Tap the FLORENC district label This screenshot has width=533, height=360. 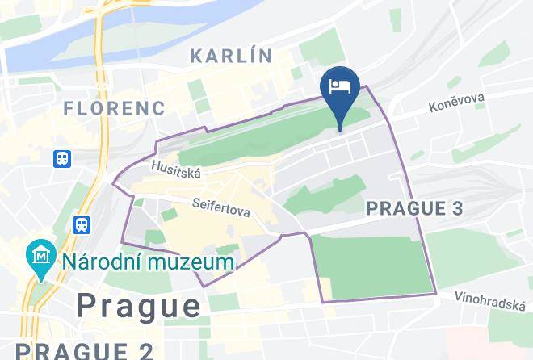pos(114,107)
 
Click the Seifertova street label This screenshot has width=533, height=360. pos(221,207)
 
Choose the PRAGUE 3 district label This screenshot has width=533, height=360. pos(415,208)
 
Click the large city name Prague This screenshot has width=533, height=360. pos(138,305)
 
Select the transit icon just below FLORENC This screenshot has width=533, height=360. pos(63,158)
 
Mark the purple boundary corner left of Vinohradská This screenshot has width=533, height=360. pos(436,294)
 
